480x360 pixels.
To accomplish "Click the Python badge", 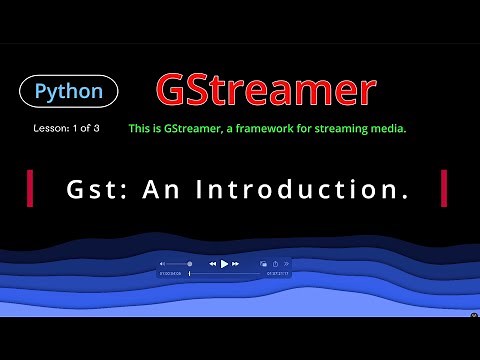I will click(x=69, y=92).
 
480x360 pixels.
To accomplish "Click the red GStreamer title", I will click(x=265, y=91).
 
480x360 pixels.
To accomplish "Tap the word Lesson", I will click(x=47, y=129).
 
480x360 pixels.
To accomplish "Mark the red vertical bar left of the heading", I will click(x=31, y=187).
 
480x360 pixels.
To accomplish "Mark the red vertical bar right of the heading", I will click(x=443, y=187).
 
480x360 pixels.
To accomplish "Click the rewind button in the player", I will click(x=213, y=264).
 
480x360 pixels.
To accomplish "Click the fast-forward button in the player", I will click(x=236, y=264).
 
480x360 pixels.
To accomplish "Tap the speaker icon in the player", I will click(x=162, y=264).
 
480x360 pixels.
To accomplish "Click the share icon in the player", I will click(x=275, y=264).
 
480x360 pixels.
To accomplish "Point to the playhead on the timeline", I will click(x=189, y=273).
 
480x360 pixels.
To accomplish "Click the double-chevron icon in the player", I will click(x=287, y=264).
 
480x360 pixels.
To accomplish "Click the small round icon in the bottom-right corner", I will click(x=474, y=315).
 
